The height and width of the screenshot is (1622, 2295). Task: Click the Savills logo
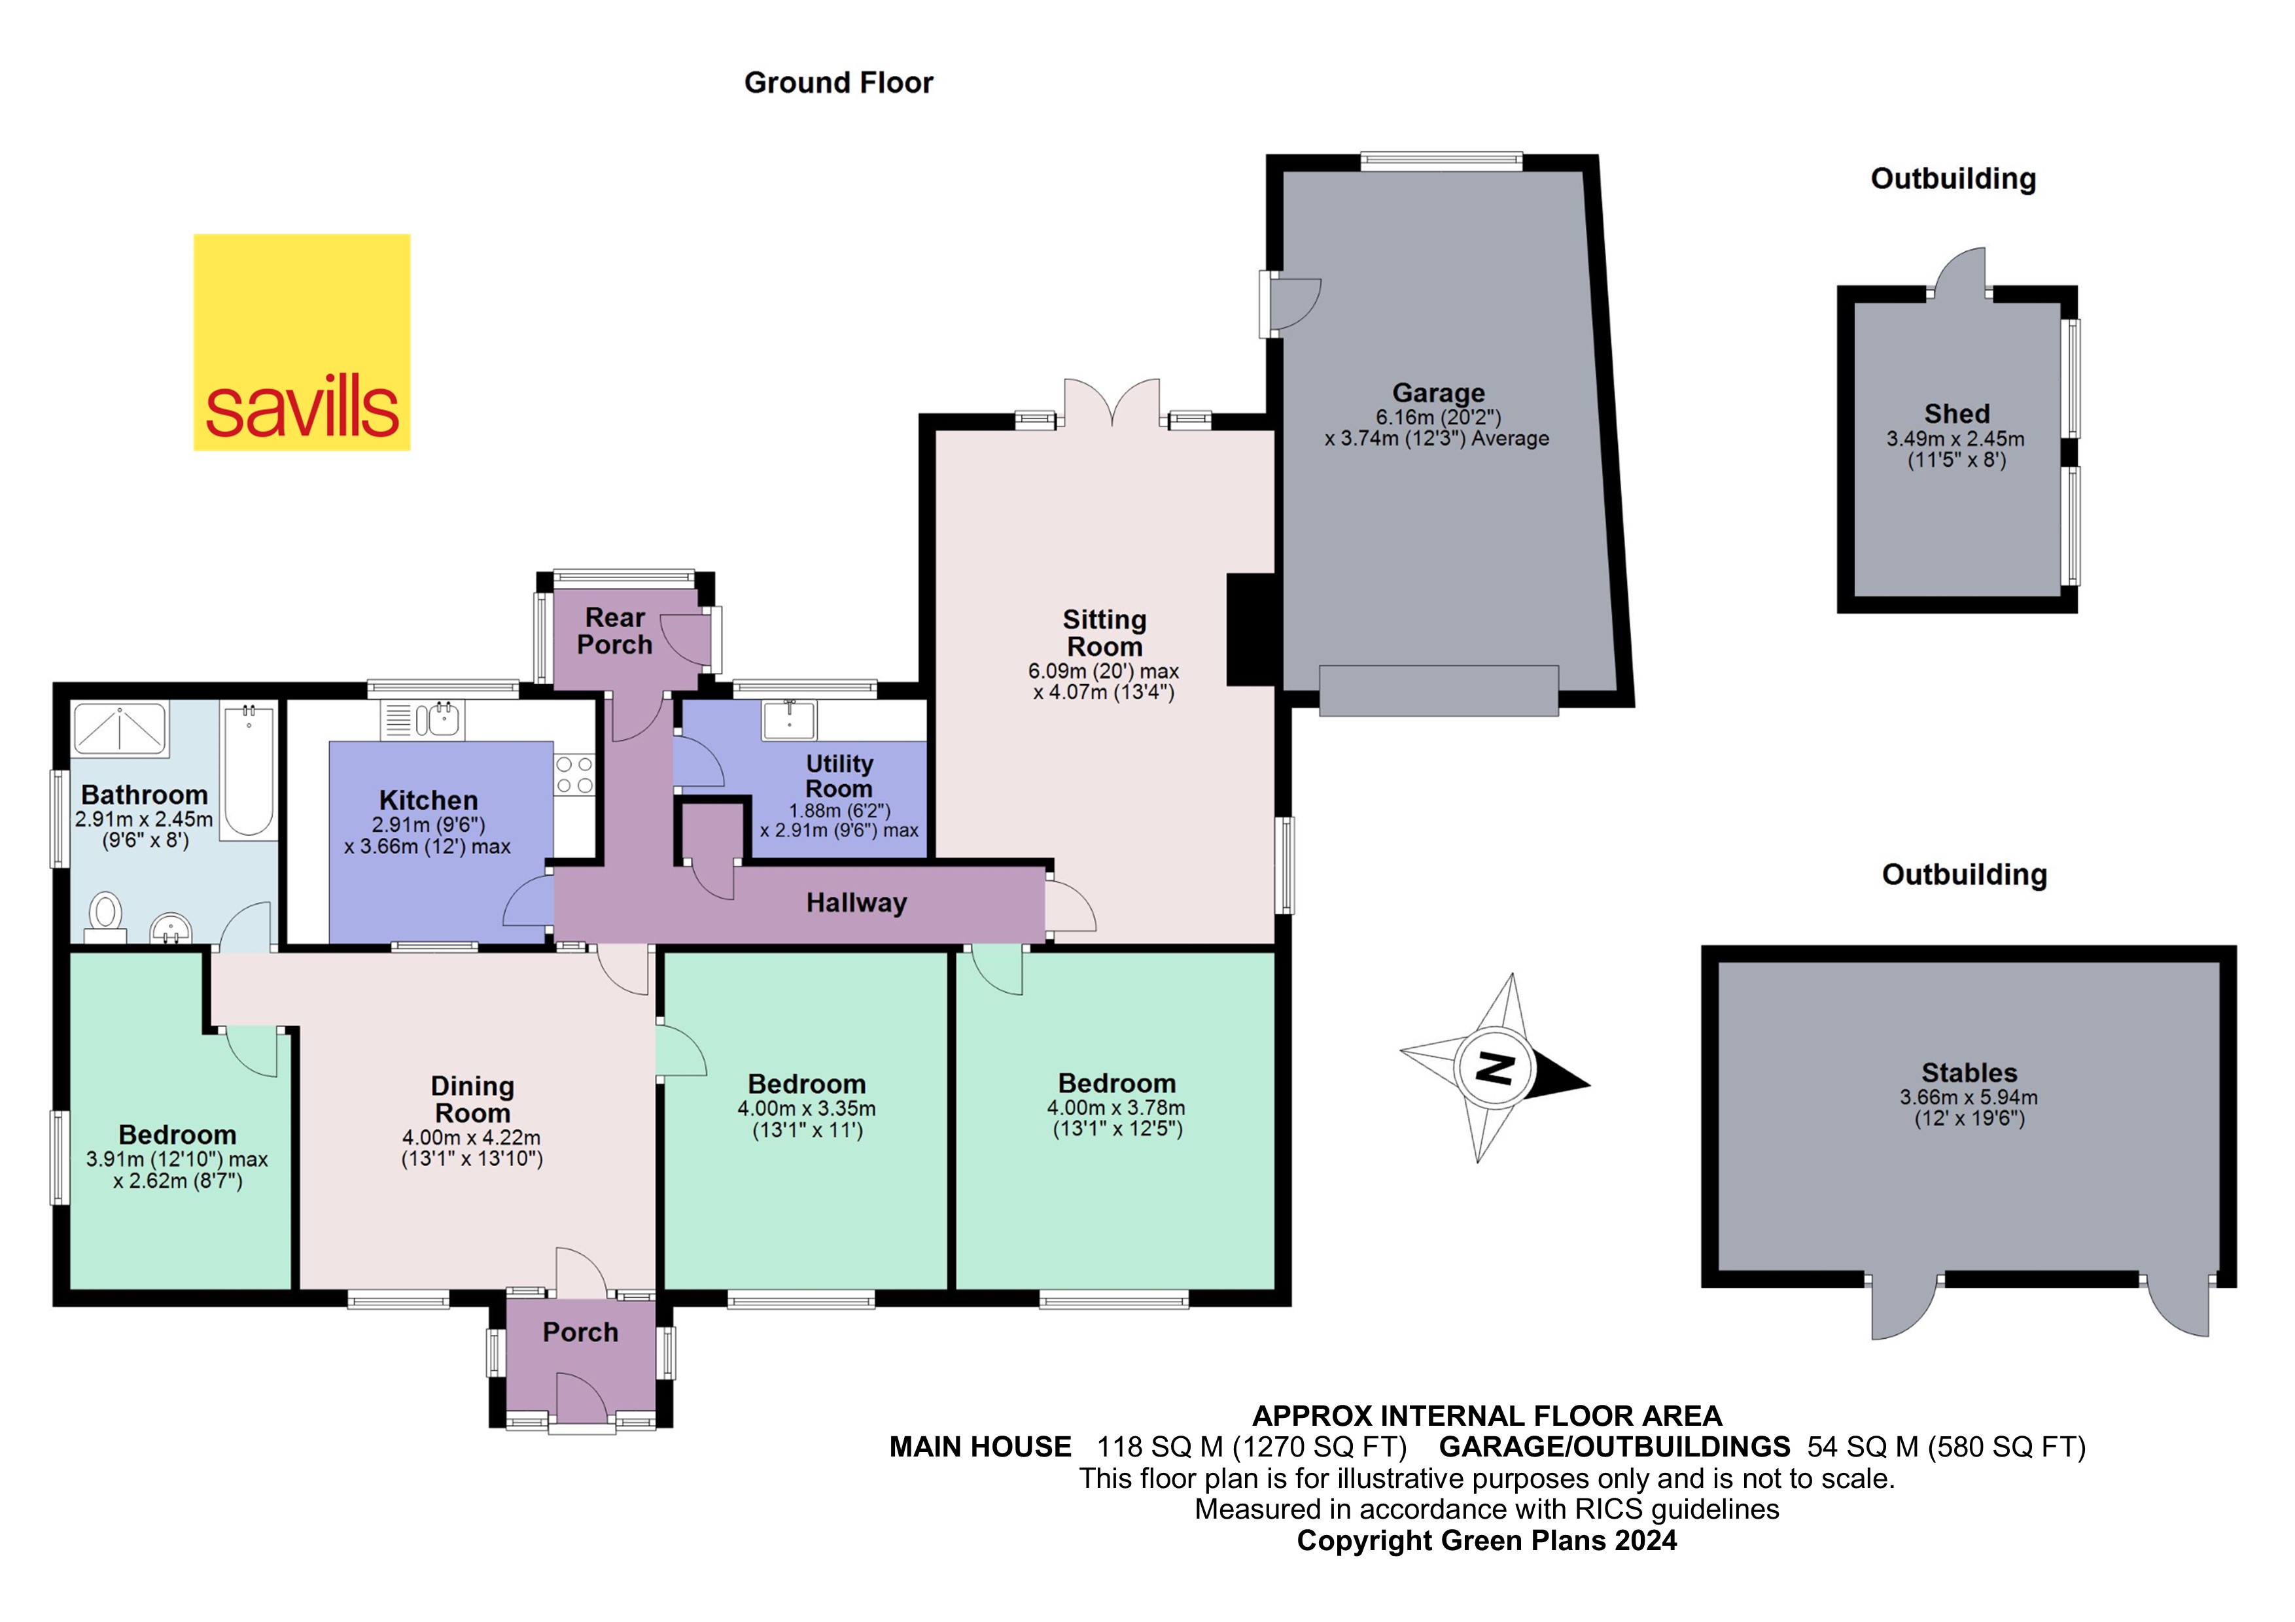click(301, 342)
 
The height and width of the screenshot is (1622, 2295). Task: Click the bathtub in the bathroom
click(249, 770)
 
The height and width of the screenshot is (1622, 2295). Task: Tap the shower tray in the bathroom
click(120, 727)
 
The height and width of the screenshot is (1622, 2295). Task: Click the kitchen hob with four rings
click(574, 776)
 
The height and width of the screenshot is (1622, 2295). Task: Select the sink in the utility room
click(788, 719)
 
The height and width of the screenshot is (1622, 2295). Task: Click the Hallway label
click(856, 903)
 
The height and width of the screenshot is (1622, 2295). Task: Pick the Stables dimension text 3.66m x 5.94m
click(1968, 1097)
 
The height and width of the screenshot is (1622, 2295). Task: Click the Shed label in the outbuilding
click(1956, 414)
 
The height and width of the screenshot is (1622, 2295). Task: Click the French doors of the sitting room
click(1112, 405)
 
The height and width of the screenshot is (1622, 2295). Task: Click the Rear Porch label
click(615, 632)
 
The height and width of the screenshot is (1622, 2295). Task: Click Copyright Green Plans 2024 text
click(1486, 1541)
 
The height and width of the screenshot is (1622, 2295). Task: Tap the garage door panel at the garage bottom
click(1439, 691)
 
